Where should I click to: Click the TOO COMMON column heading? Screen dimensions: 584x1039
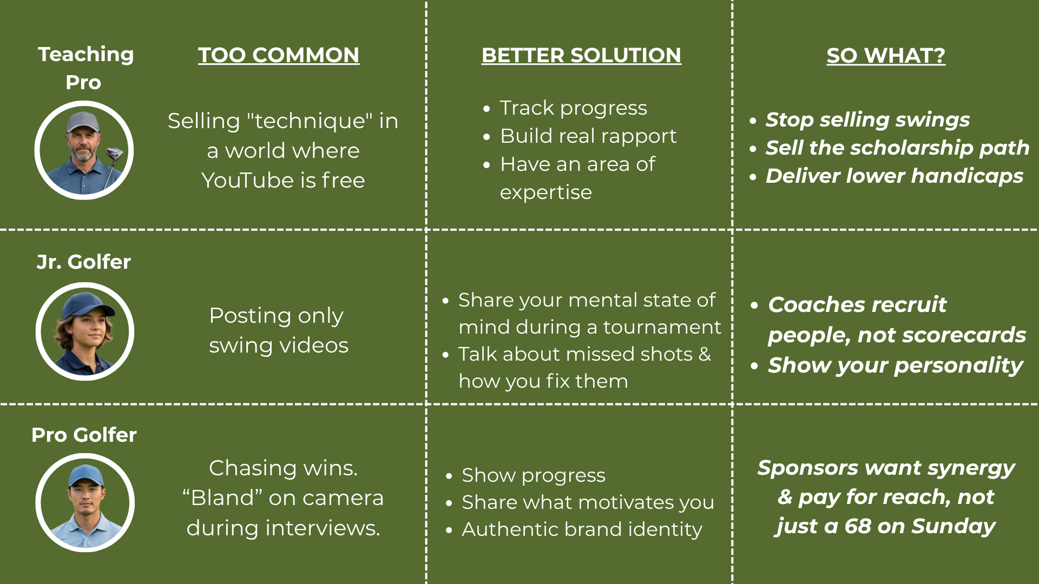pyautogui.click(x=278, y=55)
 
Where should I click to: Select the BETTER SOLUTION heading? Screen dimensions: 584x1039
pyautogui.click(x=581, y=55)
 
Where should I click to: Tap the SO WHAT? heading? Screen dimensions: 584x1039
pyautogui.click(x=886, y=56)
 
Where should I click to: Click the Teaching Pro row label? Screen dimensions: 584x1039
pyautogui.click(x=85, y=68)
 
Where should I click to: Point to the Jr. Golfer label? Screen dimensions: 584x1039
pyautogui.click(x=84, y=262)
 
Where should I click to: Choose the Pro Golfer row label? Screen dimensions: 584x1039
pyautogui.click(x=84, y=435)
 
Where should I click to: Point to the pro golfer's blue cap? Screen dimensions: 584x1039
pyautogui.click(x=86, y=475)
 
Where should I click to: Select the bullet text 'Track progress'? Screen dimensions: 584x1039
pyautogui.click(x=573, y=108)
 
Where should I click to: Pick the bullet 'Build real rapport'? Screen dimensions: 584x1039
pyautogui.click(x=588, y=136)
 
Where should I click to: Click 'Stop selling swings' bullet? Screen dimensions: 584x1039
pyautogui.click(x=867, y=120)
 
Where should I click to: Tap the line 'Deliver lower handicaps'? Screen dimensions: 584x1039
pyautogui.click(x=894, y=176)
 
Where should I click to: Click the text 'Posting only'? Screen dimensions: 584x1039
pyautogui.click(x=276, y=316)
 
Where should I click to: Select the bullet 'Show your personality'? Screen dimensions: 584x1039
pyautogui.click(x=895, y=365)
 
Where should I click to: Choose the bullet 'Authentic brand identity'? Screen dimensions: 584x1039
pyautogui.click(x=582, y=529)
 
